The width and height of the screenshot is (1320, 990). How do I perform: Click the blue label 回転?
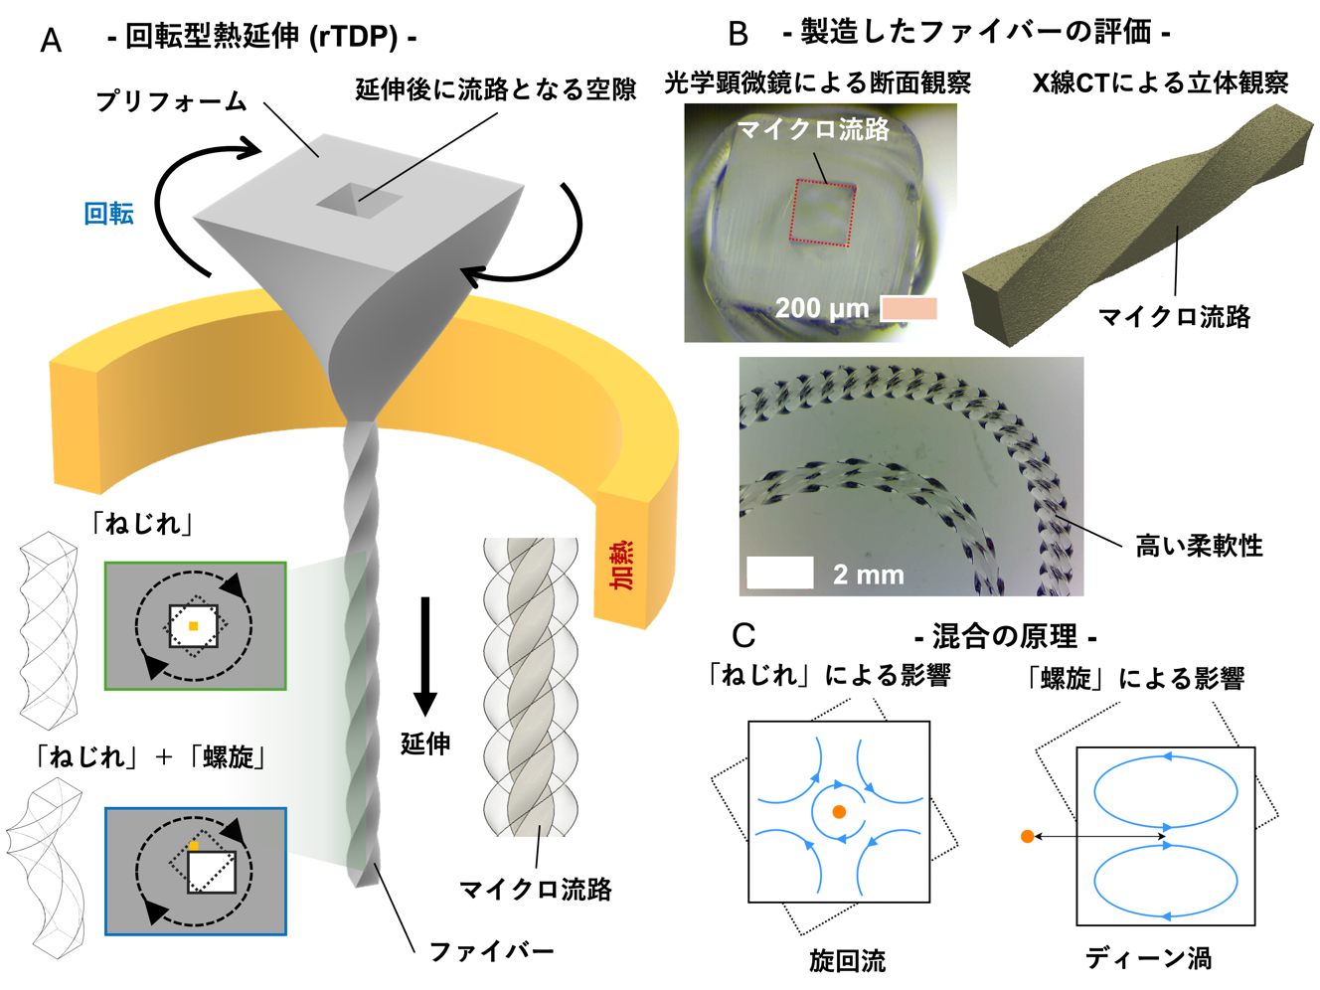pos(109,214)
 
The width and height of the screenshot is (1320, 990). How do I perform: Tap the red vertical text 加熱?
pos(621,565)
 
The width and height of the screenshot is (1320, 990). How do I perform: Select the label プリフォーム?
pos(171,101)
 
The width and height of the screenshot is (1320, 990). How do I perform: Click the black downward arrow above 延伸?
pos(425,656)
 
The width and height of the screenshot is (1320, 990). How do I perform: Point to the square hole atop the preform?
pos(359,201)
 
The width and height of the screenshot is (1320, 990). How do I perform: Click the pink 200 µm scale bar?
pos(908,308)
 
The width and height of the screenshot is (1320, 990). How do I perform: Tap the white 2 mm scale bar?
pos(780,573)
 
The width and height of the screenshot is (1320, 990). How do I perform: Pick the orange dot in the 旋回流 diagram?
pos(839,812)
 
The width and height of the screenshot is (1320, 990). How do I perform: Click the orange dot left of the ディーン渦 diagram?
pos(1027,836)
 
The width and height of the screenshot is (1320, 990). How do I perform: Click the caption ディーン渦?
pos(1149,959)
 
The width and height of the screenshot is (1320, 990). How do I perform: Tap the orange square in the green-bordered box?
pos(193,626)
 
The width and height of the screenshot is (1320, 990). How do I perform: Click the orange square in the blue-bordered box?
pos(194,846)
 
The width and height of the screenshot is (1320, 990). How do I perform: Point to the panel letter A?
pos(51,41)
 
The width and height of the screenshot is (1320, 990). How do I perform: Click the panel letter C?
pos(743,635)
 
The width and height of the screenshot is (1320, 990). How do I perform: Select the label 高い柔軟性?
pos(1199,546)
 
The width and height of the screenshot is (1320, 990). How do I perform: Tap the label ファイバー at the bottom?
pos(491,951)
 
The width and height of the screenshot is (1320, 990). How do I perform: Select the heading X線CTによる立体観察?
pos(1161,82)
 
